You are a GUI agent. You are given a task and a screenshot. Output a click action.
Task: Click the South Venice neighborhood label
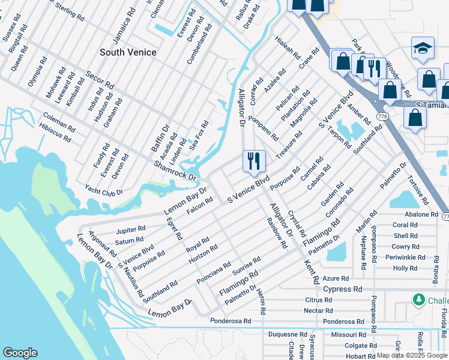(x=128, y=52)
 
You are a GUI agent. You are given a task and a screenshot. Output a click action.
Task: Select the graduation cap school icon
(x=423, y=49)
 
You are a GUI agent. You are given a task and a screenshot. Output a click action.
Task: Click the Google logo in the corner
(x=20, y=353)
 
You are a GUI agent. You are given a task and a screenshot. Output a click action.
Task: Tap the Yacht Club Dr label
(x=103, y=190)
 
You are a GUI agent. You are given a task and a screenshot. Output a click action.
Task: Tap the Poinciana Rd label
(x=213, y=273)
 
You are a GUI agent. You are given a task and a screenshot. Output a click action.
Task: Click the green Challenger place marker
(x=418, y=299)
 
